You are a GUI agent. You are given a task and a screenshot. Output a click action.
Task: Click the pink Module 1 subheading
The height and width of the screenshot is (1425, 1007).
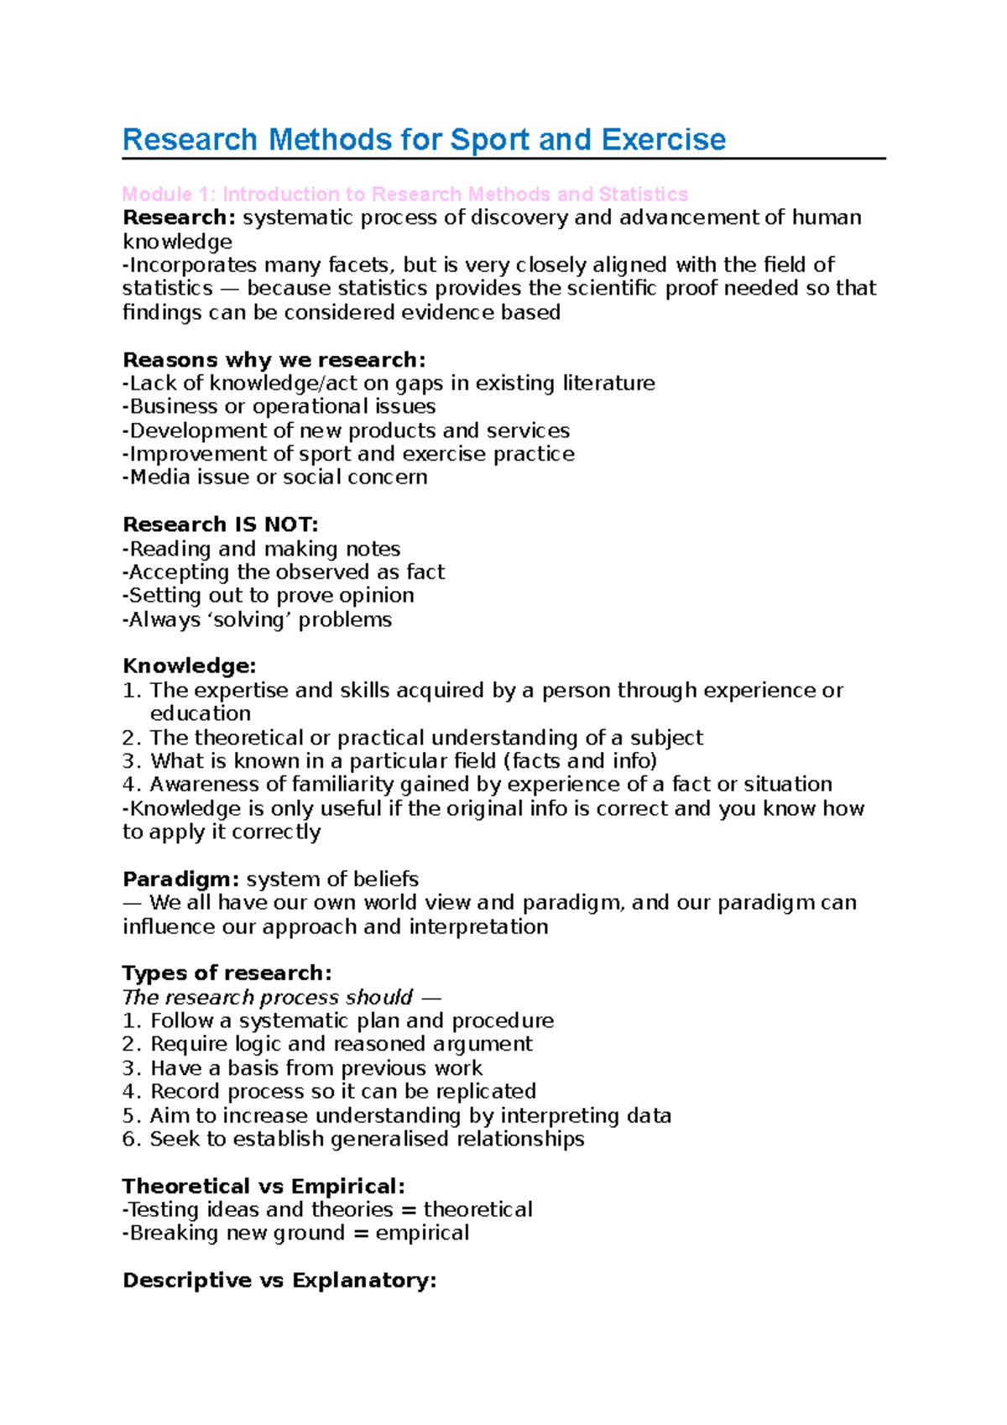pos(404,195)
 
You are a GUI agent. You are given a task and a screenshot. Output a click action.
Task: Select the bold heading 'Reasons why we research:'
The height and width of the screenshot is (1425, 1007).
pos(274,360)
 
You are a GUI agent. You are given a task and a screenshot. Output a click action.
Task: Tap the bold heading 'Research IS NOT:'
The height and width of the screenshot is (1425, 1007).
pos(220,525)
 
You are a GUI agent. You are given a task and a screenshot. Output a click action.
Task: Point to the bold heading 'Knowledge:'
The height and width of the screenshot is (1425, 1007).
pos(189,666)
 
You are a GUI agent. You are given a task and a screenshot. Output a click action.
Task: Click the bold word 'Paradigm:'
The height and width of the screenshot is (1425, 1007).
pos(181,880)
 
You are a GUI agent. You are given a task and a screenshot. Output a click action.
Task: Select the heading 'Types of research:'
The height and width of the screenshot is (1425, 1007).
pos(227,973)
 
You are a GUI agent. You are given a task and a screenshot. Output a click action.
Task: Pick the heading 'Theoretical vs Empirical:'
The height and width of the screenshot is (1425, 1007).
pos(263,1187)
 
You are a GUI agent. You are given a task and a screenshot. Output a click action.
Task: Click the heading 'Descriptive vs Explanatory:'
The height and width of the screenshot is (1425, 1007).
pos(279,1281)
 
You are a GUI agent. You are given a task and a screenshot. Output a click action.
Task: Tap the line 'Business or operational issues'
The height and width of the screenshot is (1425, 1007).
pos(279,407)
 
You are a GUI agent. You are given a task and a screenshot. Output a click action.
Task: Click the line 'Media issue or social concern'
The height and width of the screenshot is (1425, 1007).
pos(275,478)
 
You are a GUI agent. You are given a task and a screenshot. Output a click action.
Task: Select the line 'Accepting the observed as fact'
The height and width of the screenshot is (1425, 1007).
pos(284,572)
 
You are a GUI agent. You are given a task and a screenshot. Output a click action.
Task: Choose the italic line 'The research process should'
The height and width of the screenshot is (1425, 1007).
pos(268,998)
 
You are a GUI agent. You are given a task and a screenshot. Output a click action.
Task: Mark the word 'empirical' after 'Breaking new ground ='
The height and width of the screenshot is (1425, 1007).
pos(422,1234)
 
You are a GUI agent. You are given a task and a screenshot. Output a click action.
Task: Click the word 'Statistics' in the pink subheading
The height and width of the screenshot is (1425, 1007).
pos(643,195)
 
